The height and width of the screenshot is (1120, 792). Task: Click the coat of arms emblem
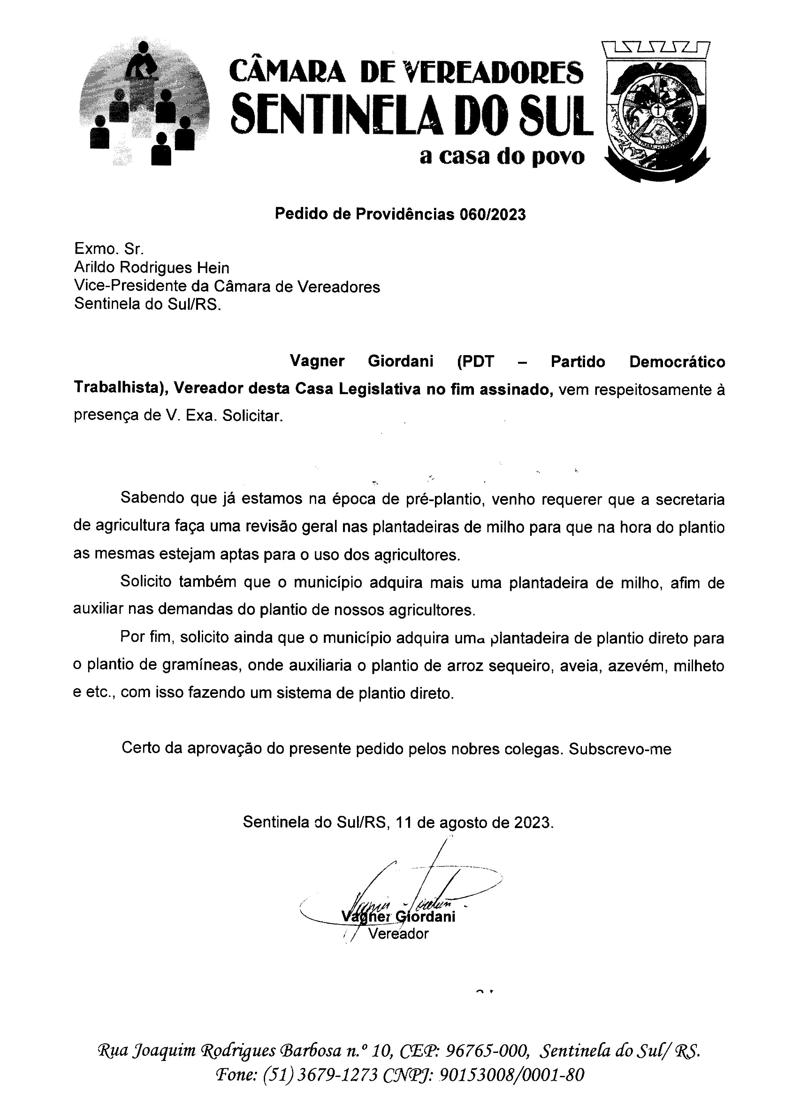click(656, 112)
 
